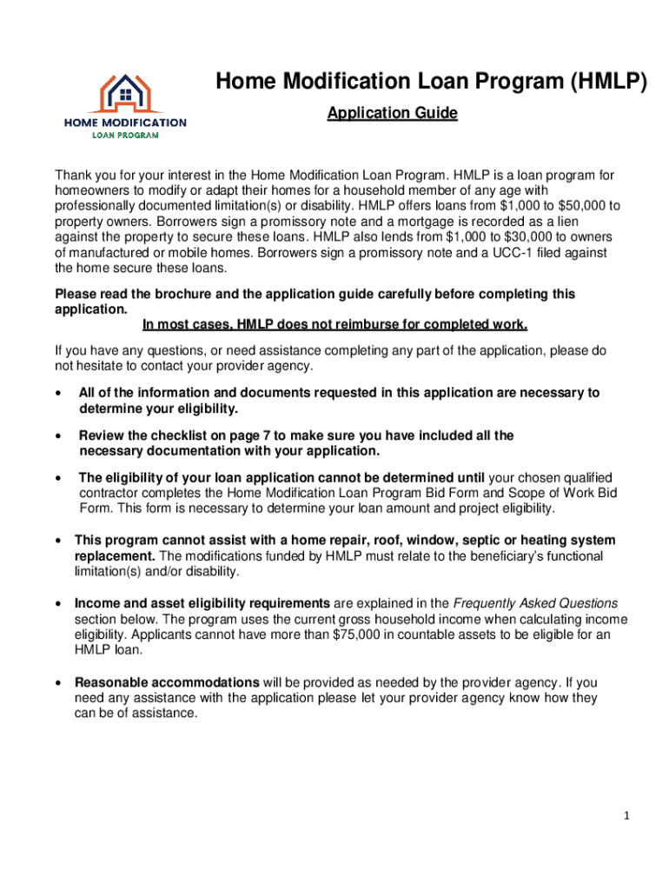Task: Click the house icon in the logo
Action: tap(125, 90)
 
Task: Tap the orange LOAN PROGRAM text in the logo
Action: tap(125, 135)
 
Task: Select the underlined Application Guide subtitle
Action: tap(392, 113)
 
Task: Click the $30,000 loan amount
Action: tap(493, 237)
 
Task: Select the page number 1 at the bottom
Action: tap(626, 816)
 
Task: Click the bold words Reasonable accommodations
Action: tap(167, 682)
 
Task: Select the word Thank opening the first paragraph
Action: tap(73, 175)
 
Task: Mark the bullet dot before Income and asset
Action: tap(57, 604)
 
